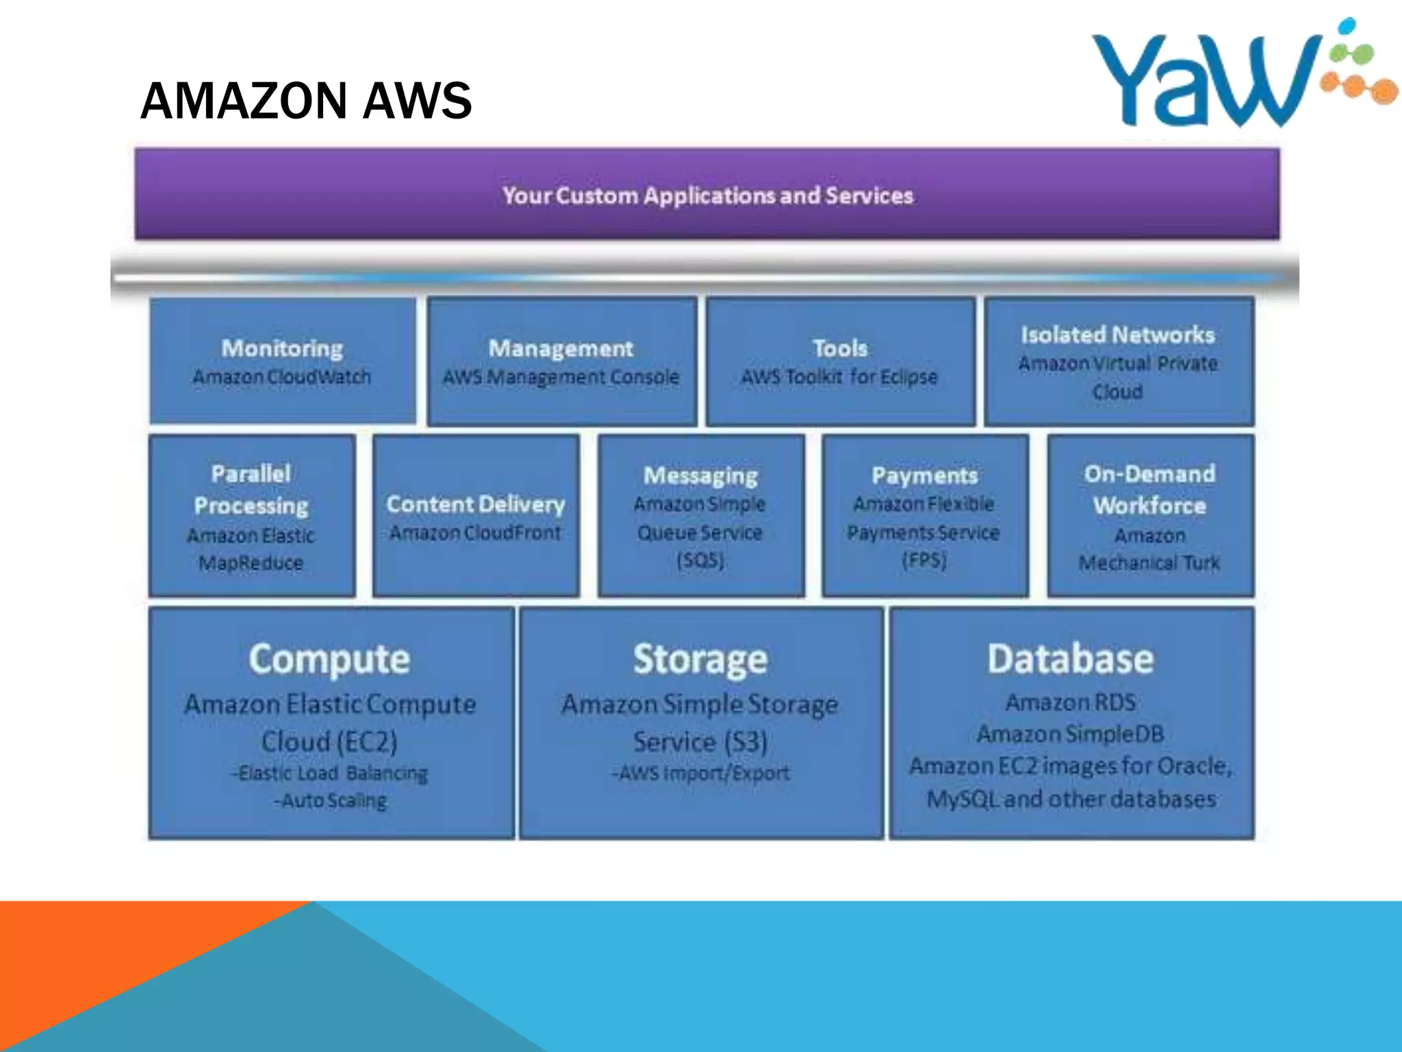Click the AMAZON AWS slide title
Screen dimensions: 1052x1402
pyautogui.click(x=305, y=101)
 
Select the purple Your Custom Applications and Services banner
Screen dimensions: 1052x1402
pyautogui.click(x=706, y=195)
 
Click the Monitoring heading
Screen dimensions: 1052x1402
pyautogui.click(x=282, y=349)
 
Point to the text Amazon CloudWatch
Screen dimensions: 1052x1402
pyautogui.click(x=282, y=377)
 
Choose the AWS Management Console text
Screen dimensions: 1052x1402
pyautogui.click(x=561, y=377)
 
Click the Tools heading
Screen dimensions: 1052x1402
pyautogui.click(x=840, y=349)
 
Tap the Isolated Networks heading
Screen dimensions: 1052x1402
pyautogui.click(x=1117, y=335)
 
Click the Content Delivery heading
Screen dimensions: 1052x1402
pyautogui.click(x=476, y=505)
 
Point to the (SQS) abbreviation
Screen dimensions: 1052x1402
pyautogui.click(x=700, y=561)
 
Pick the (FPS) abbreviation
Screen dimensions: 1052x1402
pyautogui.click(x=924, y=561)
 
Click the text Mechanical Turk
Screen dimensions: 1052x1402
pyautogui.click(x=1149, y=563)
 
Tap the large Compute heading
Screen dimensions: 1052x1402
pyautogui.click(x=329, y=660)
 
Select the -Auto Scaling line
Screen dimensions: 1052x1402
pyautogui.click(x=331, y=801)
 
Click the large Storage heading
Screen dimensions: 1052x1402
pyautogui.click(x=700, y=660)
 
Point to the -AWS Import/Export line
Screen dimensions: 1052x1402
pyautogui.click(x=700, y=773)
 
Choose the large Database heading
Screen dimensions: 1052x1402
pyautogui.click(x=1071, y=660)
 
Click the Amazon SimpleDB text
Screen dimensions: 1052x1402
pyautogui.click(x=1071, y=734)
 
